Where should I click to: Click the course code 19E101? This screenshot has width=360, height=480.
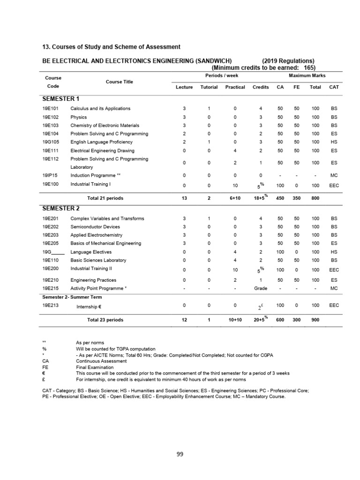[x=50, y=109]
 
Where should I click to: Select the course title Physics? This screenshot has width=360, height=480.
[x=78, y=117]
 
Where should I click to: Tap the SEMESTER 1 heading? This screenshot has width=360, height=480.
[x=60, y=99]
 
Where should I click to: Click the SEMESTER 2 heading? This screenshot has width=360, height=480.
[x=60, y=208]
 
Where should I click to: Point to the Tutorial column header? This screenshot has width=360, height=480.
[x=209, y=87]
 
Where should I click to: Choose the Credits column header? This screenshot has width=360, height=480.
[x=261, y=87]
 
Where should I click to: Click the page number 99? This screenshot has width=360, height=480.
[x=180, y=453]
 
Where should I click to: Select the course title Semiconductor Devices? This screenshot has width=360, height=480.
[x=95, y=227]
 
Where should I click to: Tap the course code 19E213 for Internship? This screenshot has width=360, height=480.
[x=50, y=305]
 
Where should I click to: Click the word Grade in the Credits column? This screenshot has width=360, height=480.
[x=261, y=288]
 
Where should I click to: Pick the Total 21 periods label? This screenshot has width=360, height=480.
[x=105, y=198]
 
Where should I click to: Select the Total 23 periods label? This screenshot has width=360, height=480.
[x=105, y=320]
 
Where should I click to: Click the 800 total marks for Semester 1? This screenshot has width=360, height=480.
[x=315, y=198]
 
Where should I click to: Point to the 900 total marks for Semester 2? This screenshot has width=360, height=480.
[x=315, y=320]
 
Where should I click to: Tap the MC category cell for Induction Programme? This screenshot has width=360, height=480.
[x=334, y=176]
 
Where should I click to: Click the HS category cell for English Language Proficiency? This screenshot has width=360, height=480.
[x=334, y=142]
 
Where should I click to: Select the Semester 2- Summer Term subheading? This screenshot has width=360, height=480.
[x=72, y=297]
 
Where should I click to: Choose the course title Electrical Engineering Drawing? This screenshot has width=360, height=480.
[x=102, y=150]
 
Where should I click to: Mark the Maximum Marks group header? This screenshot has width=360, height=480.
[x=307, y=75]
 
